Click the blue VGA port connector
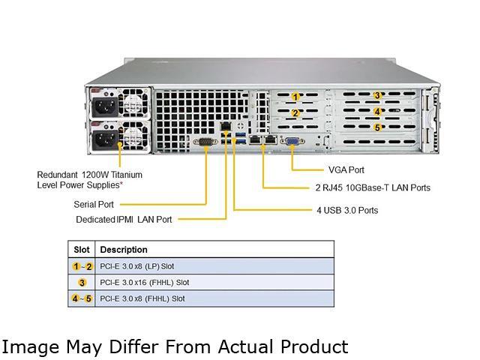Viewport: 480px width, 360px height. tap(292, 140)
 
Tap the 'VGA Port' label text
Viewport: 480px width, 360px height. tap(346, 170)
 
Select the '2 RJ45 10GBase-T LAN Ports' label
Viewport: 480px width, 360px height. tap(373, 187)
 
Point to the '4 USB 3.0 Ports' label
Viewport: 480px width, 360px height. tap(347, 210)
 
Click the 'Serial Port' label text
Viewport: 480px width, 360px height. tap(94, 203)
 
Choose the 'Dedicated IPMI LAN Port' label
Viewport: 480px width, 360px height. tap(124, 220)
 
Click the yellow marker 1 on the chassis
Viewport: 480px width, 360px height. tap(295, 97)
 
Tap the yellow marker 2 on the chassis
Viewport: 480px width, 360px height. tap(295, 113)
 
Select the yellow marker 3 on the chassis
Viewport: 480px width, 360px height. tap(378, 95)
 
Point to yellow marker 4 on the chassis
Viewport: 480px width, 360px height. tap(378, 111)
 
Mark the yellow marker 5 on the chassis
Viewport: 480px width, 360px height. tap(378, 127)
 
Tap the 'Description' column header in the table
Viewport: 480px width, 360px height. tap(124, 250)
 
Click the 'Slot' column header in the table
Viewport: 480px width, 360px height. tap(82, 250)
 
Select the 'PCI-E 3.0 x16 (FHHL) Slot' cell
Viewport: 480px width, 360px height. tap(145, 283)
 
